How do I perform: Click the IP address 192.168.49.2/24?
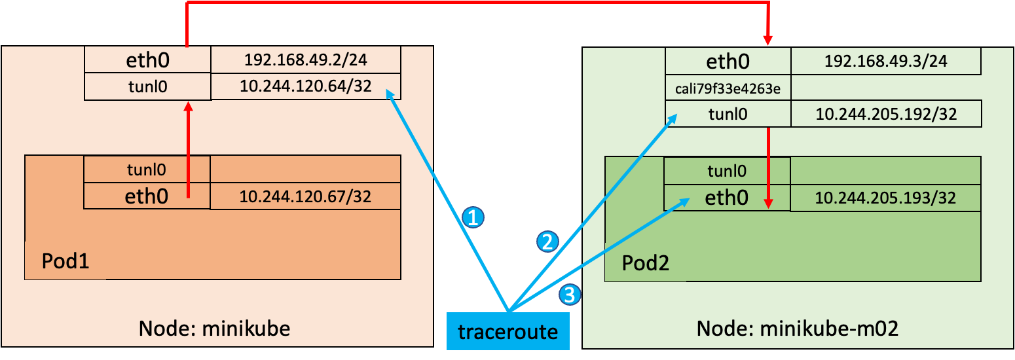305,61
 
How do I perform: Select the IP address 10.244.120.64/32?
305,87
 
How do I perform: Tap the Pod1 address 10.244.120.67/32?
305,196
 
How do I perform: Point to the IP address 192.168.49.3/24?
885,62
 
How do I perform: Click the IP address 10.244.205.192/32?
885,114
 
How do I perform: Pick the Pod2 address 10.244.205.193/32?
885,198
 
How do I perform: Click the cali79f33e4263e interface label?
728,88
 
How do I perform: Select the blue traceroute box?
507,331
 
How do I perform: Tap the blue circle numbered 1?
473,217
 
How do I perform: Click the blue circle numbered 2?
547,242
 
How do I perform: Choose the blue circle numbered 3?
569,295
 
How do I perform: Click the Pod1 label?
65,261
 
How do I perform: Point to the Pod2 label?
645,264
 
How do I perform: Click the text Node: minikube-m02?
796,329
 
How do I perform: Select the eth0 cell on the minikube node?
147,61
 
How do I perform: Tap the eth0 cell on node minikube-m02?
728,62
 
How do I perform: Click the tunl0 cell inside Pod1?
147,170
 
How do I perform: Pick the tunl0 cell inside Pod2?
727,171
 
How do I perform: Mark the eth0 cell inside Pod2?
727,198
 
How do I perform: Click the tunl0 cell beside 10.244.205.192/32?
728,114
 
